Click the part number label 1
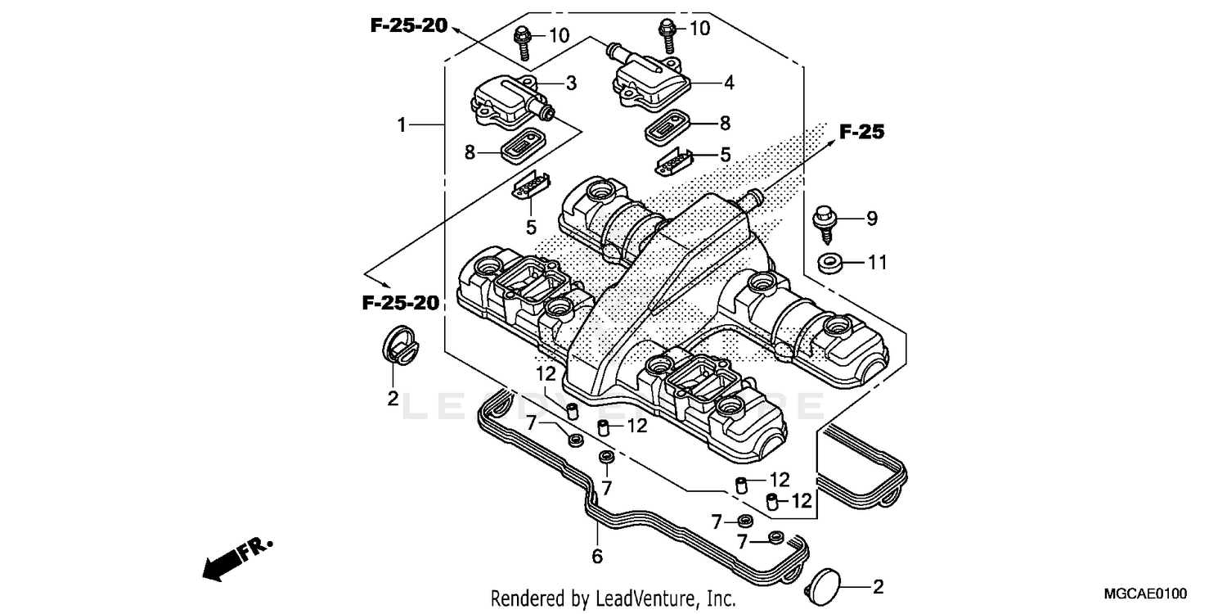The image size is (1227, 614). (402, 125)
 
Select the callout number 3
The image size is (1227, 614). (571, 83)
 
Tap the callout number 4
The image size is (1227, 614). (728, 83)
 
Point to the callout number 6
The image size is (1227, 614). (597, 557)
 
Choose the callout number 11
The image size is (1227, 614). (877, 263)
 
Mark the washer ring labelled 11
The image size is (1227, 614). (829, 264)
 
